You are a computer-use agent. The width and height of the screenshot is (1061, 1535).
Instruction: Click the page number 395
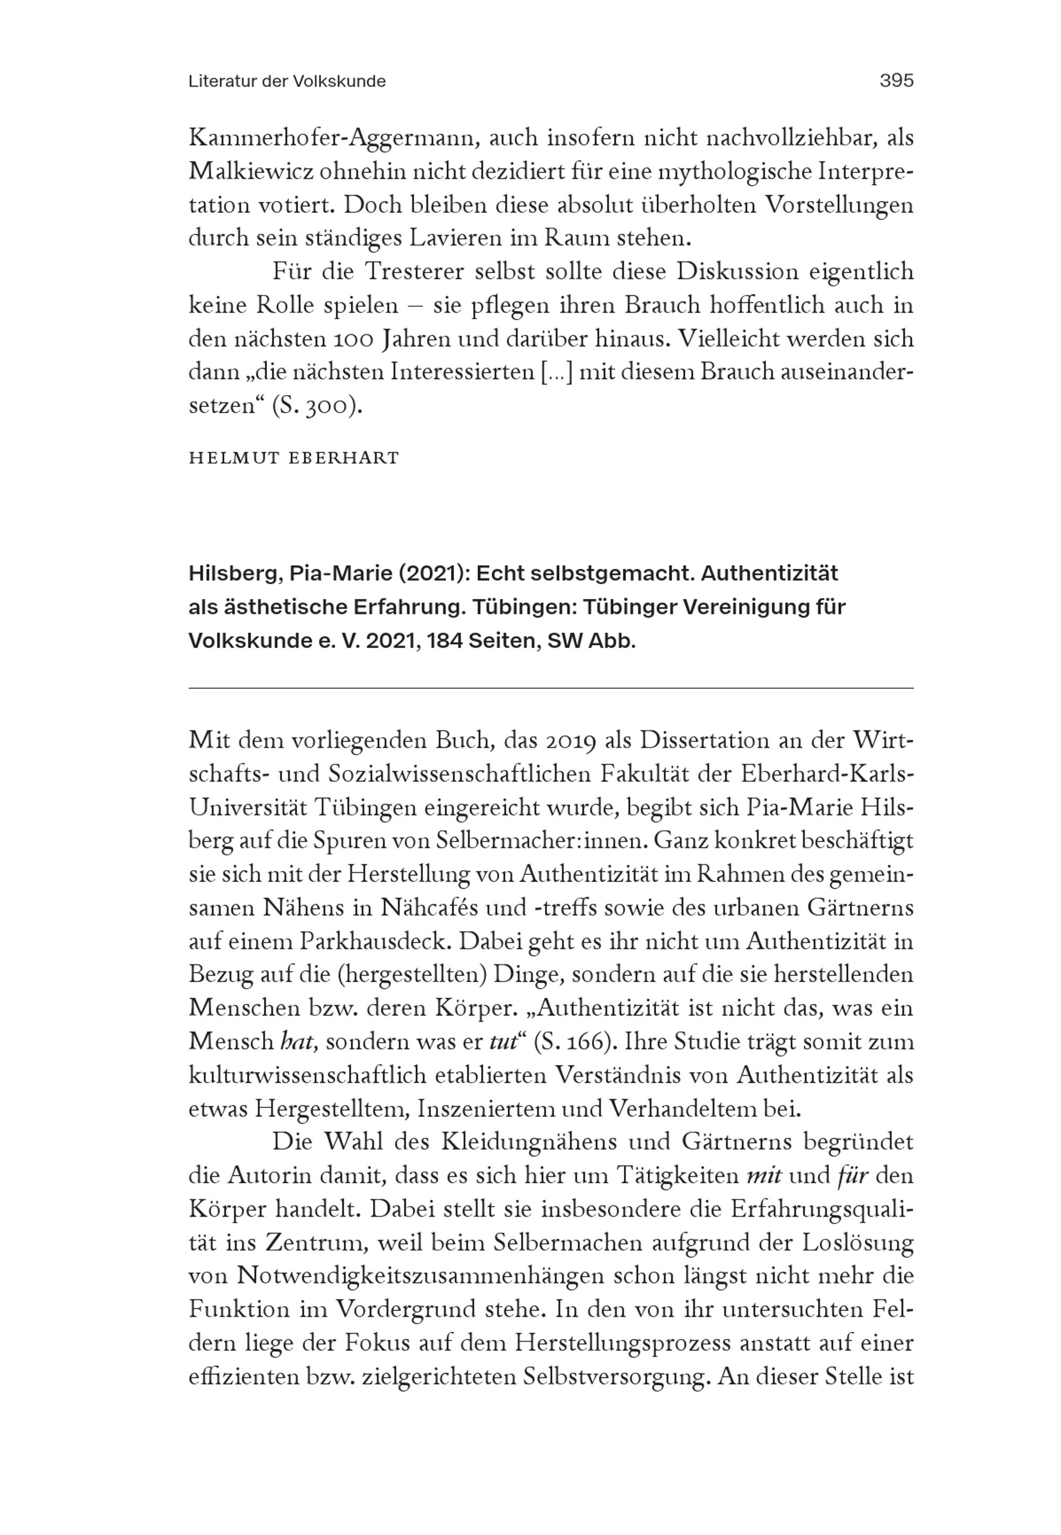896,81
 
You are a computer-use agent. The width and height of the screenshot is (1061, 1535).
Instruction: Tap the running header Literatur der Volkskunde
286,81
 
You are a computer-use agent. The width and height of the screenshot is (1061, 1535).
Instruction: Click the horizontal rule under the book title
551,689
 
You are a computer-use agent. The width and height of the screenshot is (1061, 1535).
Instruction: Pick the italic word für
853,1176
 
